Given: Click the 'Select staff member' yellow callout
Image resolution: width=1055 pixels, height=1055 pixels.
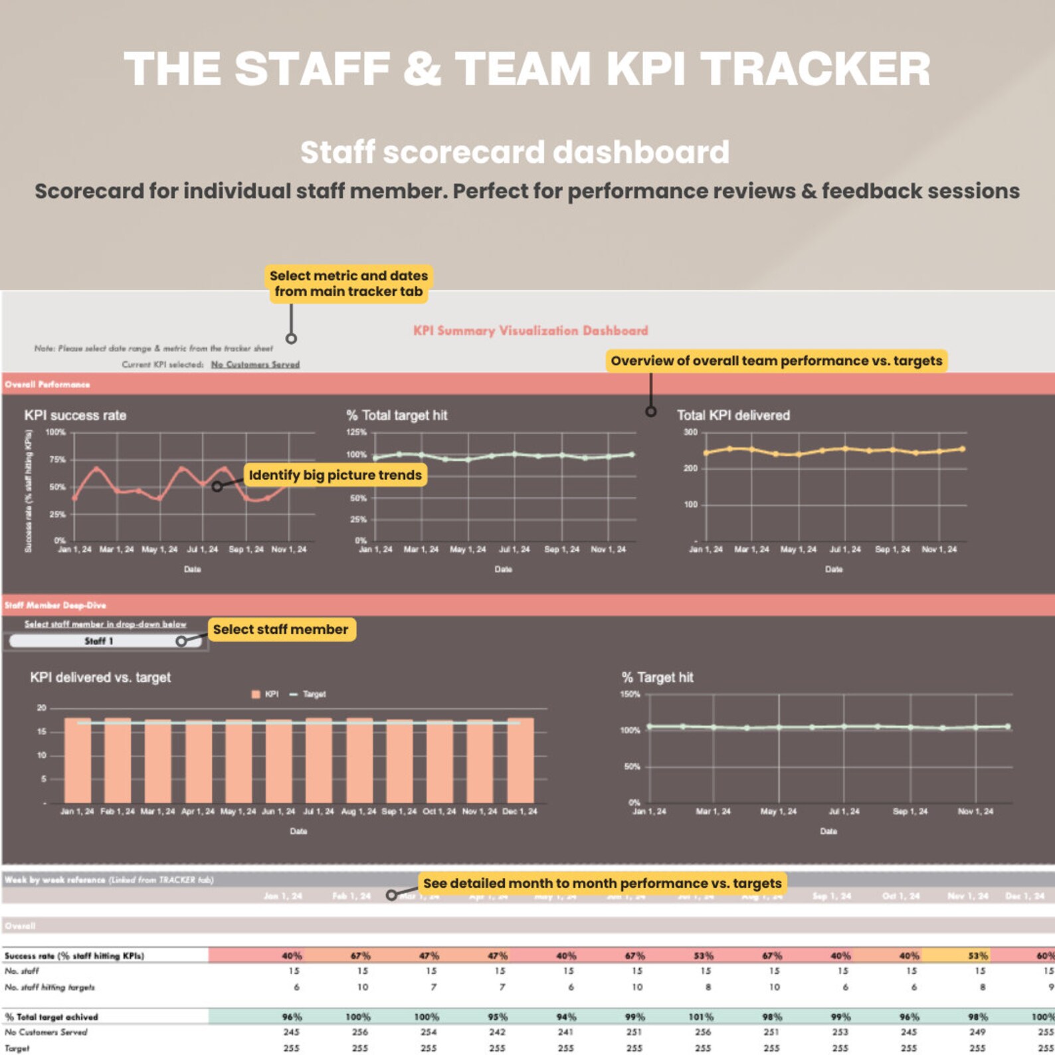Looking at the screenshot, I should pos(280,629).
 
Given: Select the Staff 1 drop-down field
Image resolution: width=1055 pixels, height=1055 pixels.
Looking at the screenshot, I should pos(100,641).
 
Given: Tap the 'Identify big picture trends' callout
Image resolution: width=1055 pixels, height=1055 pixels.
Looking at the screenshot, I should pos(335,475).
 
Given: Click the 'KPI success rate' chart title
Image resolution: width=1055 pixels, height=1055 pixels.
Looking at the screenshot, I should pos(75,415).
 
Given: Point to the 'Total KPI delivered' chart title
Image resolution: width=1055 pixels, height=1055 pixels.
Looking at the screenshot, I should pos(733,415).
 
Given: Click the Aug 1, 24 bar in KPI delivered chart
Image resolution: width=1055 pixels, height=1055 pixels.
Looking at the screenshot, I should pos(359,761).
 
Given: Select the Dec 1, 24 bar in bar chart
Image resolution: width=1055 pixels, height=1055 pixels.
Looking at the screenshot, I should pos(520,761).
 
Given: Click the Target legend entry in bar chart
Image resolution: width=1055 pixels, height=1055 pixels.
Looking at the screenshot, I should pos(309,694).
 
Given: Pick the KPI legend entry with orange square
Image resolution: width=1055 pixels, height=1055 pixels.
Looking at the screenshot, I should pos(265,694).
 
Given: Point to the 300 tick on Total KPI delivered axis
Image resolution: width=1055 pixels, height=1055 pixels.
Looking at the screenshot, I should pos(690,432).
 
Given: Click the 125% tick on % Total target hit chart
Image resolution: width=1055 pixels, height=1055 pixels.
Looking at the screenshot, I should pos(356,432).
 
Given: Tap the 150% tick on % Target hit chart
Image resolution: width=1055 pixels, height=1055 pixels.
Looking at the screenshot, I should pos(630,694).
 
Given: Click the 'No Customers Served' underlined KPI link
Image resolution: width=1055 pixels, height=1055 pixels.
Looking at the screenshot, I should pos(255,365).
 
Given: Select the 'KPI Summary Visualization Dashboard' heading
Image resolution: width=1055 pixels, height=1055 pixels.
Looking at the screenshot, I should pos(530,331).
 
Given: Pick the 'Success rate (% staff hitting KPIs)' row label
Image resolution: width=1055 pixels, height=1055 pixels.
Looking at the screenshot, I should pos(74,956).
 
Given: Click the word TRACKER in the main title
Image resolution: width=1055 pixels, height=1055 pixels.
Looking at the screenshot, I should pos(815,69).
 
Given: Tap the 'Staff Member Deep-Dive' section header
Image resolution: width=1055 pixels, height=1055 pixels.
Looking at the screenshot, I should pos(55,605).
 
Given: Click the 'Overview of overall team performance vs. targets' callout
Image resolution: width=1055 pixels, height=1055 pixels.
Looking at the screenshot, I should pos(776,361).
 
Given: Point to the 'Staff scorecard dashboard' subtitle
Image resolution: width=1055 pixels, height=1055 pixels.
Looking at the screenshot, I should pos(515,152).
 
